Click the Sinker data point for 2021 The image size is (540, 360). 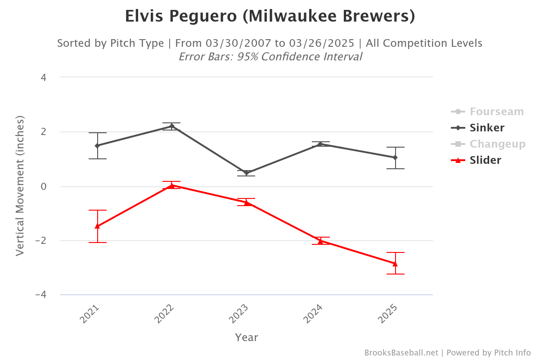(x=97, y=146)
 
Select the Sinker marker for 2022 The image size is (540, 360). (x=172, y=126)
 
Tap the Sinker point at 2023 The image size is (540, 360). (x=246, y=173)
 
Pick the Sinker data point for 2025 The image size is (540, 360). (x=395, y=157)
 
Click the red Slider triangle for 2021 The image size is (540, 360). (x=97, y=226)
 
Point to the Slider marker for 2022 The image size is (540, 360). (x=172, y=185)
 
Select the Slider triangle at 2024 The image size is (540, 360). (x=320, y=241)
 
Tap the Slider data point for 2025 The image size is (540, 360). (x=395, y=264)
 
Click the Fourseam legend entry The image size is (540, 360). (x=496, y=112)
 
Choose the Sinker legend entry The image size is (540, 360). (x=487, y=128)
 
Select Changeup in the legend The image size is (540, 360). (x=497, y=144)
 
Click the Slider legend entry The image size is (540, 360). (x=485, y=160)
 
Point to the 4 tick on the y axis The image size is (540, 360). (x=44, y=77)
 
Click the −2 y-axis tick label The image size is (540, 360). (x=41, y=241)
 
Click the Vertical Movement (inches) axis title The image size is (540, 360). (x=20, y=185)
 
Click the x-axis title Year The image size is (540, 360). (x=246, y=337)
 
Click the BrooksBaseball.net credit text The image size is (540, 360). (x=401, y=353)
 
